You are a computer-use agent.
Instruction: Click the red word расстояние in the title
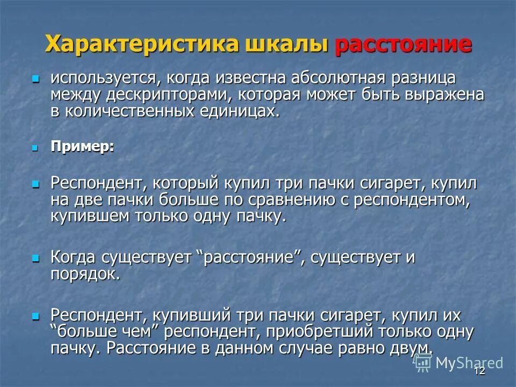click(403, 44)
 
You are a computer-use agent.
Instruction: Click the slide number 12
click(479, 371)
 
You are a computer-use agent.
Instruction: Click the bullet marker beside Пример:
click(35, 147)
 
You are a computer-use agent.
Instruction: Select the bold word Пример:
click(82, 147)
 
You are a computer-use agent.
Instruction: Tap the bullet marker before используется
click(35, 78)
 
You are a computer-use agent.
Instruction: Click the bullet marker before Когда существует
click(35, 258)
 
